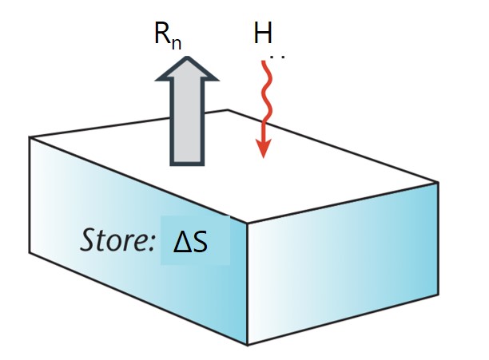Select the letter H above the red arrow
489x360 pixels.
point(264,33)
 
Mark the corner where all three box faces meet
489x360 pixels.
point(246,224)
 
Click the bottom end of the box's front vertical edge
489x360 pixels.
point(248,345)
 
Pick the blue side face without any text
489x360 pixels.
point(344,263)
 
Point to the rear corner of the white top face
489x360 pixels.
point(229,110)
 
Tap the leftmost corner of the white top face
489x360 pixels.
point(30,137)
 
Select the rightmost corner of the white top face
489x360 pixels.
point(439,182)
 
